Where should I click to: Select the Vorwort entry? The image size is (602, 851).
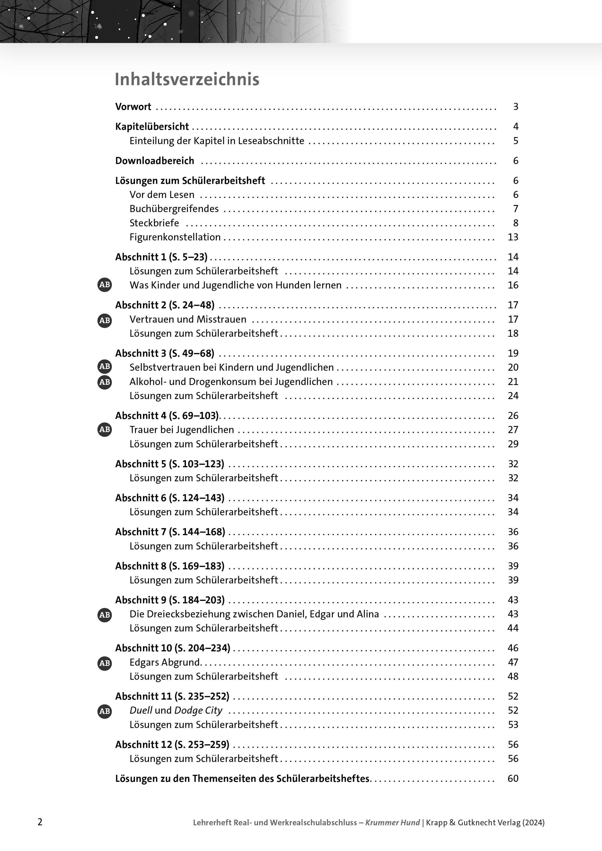click(x=133, y=107)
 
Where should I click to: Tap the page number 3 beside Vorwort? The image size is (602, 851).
click(x=515, y=107)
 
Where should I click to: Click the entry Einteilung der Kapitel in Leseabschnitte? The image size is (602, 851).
click(x=217, y=141)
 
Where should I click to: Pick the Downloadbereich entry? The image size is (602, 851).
click(x=155, y=161)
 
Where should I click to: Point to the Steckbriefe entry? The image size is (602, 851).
click(x=154, y=223)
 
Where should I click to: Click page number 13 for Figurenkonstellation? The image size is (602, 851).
click(x=513, y=237)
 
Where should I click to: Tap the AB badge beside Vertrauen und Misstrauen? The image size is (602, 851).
click(x=105, y=320)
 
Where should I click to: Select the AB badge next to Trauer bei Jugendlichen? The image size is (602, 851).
click(x=105, y=430)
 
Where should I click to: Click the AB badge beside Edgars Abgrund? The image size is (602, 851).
click(x=105, y=663)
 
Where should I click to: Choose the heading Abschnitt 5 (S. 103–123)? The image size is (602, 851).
click(x=170, y=464)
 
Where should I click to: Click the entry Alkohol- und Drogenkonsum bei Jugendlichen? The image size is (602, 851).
click(x=231, y=382)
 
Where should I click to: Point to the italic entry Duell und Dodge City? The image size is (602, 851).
click(x=176, y=711)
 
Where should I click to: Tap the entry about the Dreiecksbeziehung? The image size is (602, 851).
click(x=254, y=614)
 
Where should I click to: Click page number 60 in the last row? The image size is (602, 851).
click(x=513, y=779)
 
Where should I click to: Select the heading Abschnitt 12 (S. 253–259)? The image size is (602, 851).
click(x=172, y=745)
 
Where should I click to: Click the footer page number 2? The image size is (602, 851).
click(x=40, y=822)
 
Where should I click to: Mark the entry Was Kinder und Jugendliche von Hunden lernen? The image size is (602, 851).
click(x=236, y=286)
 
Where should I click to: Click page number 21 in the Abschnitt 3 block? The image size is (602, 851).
click(x=513, y=382)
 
